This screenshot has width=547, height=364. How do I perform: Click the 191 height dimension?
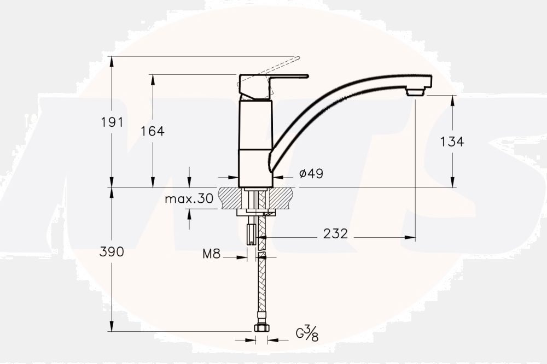click(112, 122)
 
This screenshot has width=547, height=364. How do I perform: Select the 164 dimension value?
click(153, 131)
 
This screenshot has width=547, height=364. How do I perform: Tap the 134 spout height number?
click(452, 142)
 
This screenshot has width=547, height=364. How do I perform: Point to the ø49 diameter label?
click(311, 174)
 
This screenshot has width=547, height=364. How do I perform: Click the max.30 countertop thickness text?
click(189, 198)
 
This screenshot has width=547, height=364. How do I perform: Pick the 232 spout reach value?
click(335, 234)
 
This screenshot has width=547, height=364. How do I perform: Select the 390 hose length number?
click(112, 252)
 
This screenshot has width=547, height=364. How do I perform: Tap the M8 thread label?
click(211, 254)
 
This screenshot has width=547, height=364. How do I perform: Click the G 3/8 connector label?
click(307, 333)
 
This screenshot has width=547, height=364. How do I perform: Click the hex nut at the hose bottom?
click(261, 328)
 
